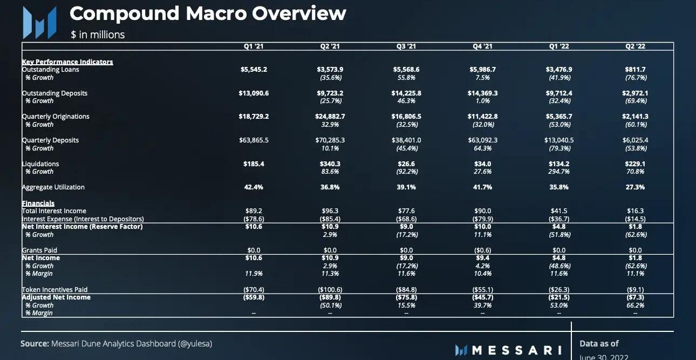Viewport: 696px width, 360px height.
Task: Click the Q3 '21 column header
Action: [x=406, y=46]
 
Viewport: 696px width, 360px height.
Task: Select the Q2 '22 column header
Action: [x=635, y=46]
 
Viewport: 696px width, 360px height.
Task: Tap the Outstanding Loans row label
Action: [x=51, y=70]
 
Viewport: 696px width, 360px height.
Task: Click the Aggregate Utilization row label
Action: [x=53, y=187]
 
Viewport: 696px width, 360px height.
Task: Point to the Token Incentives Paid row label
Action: [x=54, y=290]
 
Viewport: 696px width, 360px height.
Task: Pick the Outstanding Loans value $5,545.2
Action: [x=254, y=70]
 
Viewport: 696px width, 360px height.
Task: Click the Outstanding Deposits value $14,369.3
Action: [x=482, y=93]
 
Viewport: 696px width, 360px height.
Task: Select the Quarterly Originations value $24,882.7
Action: [x=330, y=117]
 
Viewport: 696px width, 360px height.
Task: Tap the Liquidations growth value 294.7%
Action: [x=559, y=172]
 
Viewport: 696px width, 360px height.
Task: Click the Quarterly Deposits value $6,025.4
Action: [x=635, y=140]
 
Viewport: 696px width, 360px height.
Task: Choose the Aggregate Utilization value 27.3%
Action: [x=635, y=187]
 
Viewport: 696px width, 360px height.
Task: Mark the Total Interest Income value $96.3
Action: [x=330, y=211]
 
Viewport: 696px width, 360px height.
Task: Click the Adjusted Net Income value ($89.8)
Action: [x=330, y=297]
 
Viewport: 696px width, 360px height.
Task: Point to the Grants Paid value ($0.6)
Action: [x=482, y=250]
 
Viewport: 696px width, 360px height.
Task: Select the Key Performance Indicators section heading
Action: [x=67, y=62]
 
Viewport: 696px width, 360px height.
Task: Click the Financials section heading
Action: [x=38, y=203]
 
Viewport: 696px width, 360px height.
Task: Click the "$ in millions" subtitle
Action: [x=98, y=35]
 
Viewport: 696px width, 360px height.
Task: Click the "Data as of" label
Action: [x=599, y=343]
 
